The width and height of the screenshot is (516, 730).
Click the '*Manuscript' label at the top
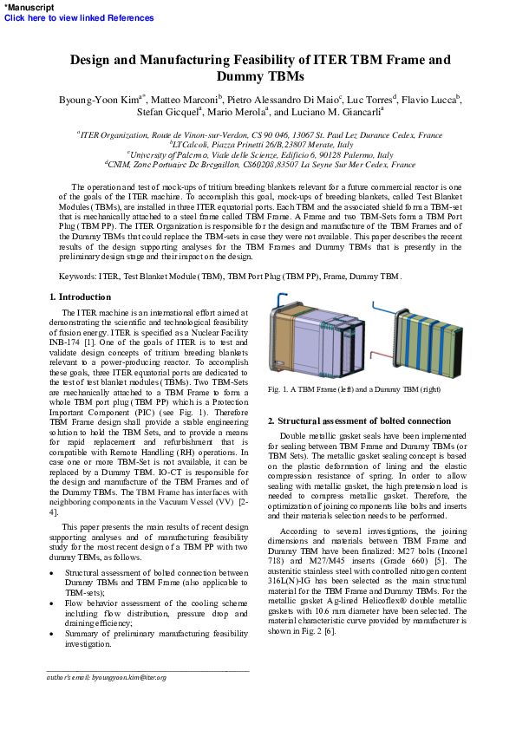(x=29, y=7)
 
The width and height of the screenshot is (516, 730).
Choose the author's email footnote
(x=106, y=676)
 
